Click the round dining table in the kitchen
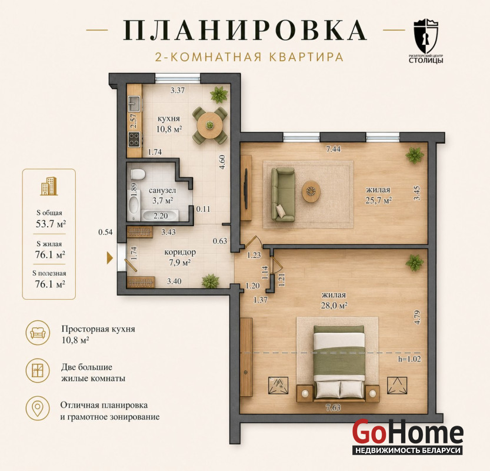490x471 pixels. (209, 125)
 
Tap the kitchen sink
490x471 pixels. (134, 104)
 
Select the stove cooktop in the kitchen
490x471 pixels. (134, 139)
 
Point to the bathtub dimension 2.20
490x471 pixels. (160, 215)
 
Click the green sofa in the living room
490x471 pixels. (283, 194)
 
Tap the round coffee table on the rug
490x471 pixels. (311, 191)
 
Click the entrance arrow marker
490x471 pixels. (109, 258)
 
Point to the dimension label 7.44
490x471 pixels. (333, 149)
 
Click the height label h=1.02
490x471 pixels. (409, 359)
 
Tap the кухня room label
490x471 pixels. (168, 118)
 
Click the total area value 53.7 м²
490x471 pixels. (51, 224)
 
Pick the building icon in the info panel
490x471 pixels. (49, 186)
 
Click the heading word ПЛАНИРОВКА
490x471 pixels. (245, 31)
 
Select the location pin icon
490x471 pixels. (38, 409)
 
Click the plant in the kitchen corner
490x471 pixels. (219, 94)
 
